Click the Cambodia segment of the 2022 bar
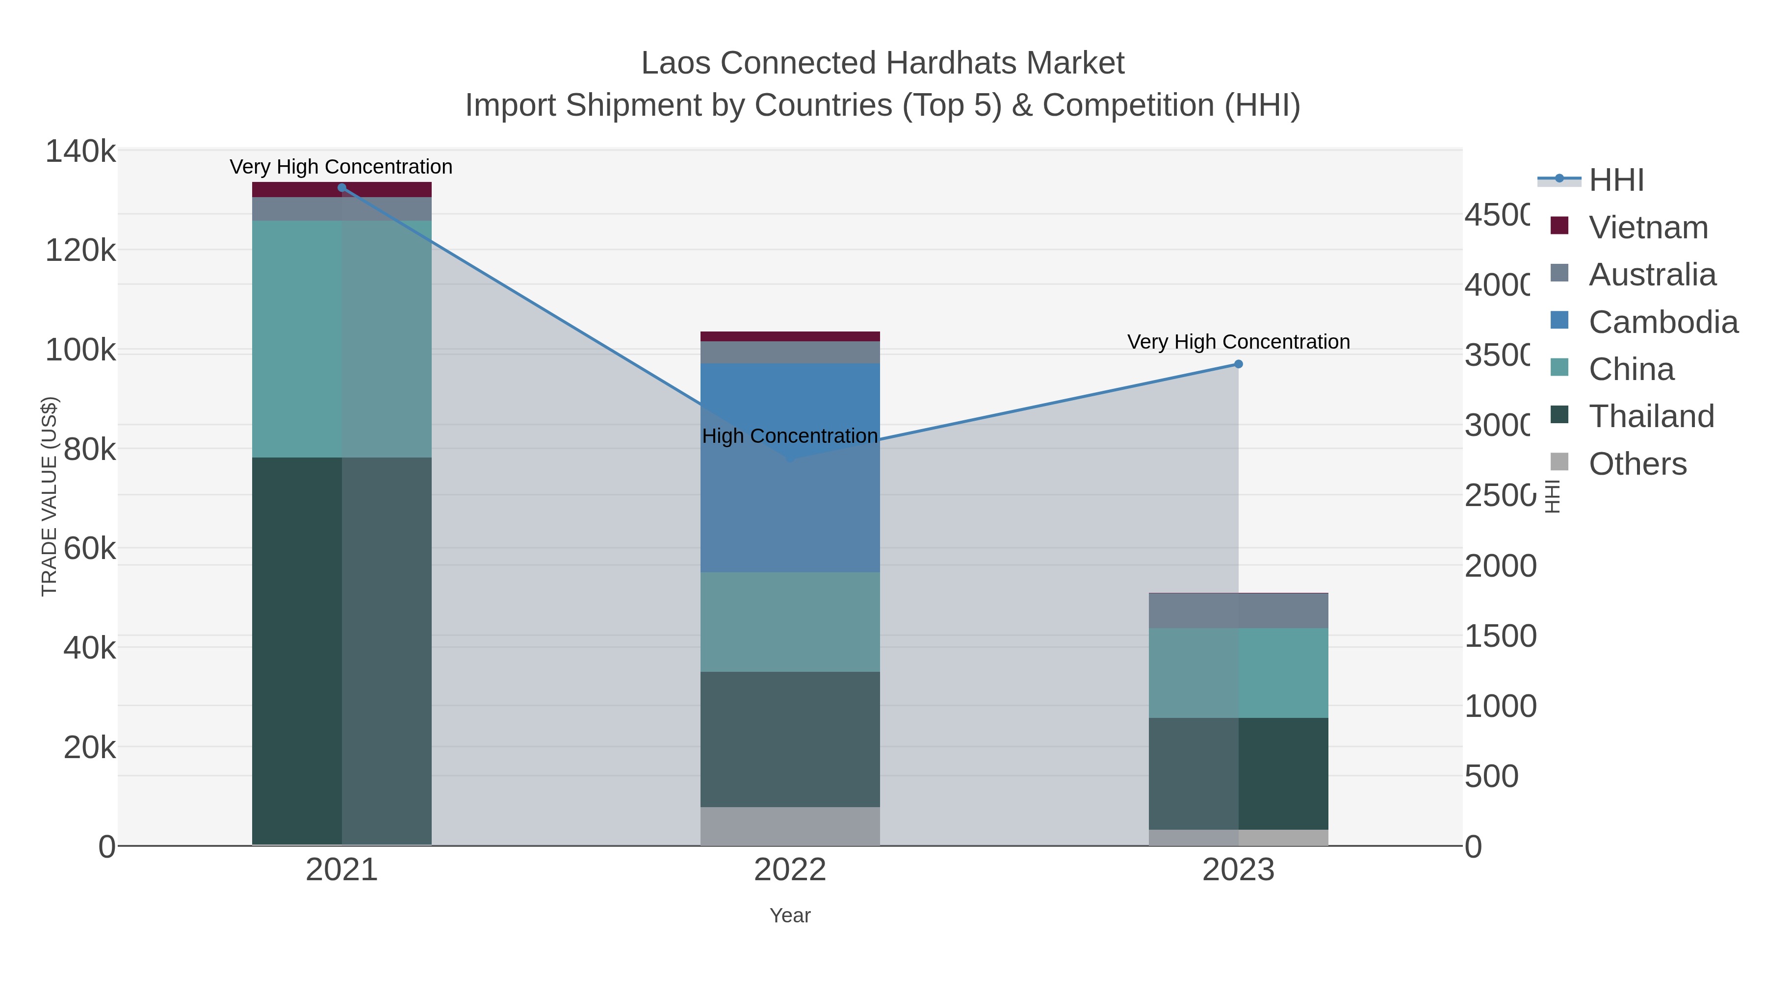[x=790, y=507]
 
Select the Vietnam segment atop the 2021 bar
[x=341, y=189]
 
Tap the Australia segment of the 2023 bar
[x=1238, y=610]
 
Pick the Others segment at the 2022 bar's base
[x=790, y=826]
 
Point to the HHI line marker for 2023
[x=1238, y=364]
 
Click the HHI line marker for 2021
[x=341, y=188]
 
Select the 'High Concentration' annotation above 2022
[x=790, y=436]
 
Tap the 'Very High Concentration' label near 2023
[x=1238, y=341]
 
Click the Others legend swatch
[x=1559, y=462]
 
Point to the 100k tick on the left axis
[x=81, y=350]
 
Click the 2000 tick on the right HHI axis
[x=1500, y=566]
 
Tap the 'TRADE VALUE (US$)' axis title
[x=50, y=496]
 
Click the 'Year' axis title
[x=790, y=916]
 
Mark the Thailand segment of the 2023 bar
[x=1238, y=773]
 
